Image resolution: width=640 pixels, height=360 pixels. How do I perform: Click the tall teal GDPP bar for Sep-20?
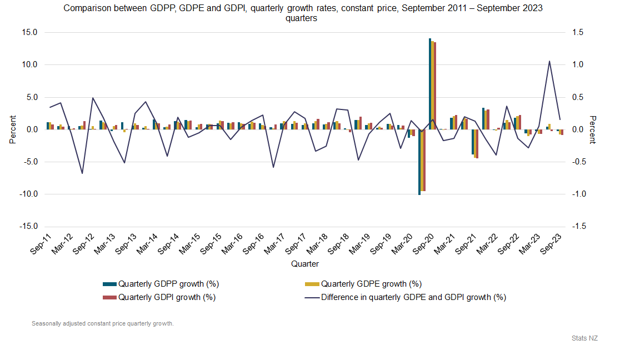pos(430,83)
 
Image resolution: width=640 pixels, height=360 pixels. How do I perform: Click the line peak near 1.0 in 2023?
pos(549,62)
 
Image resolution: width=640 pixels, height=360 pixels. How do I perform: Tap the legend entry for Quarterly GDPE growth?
pos(371,284)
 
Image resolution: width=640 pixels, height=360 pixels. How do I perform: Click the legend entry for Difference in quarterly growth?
pos(413,297)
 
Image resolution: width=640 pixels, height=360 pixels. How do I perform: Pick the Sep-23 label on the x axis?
pos(553,245)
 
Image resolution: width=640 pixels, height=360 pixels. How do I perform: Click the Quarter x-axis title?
pos(305,264)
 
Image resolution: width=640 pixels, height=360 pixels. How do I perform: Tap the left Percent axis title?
pos(12,129)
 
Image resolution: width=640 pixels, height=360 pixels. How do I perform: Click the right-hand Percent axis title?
pos(592,129)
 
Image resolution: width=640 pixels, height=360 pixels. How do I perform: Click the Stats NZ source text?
pos(584,338)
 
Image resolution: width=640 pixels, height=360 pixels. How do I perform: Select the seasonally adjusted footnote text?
pos(102,323)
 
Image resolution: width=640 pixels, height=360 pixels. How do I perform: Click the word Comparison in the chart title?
pos(84,8)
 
